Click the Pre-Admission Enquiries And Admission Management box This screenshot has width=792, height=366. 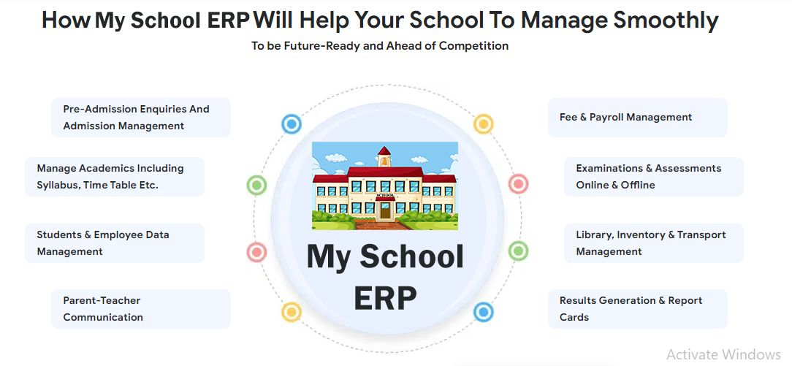point(141,117)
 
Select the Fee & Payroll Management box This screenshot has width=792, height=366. point(637,117)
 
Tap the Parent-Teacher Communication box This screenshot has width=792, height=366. point(141,309)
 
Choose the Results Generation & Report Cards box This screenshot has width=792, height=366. point(637,309)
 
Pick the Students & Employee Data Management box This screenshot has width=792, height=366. point(115,243)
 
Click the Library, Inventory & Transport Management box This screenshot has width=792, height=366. point(654,243)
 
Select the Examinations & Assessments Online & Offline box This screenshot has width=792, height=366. point(654,177)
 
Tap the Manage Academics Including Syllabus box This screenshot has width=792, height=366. point(115,177)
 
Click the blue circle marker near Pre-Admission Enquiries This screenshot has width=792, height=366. point(292,123)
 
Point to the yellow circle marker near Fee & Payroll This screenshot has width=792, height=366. point(483,123)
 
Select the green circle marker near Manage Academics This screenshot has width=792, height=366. point(256,186)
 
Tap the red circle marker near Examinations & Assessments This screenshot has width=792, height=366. point(518,184)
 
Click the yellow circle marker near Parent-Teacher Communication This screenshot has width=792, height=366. point(292,312)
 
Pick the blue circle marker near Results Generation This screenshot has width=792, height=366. point(483,312)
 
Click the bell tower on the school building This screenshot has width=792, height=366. point(384,158)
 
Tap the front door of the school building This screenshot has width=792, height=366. point(385,210)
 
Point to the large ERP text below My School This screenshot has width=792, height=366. point(385,298)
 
